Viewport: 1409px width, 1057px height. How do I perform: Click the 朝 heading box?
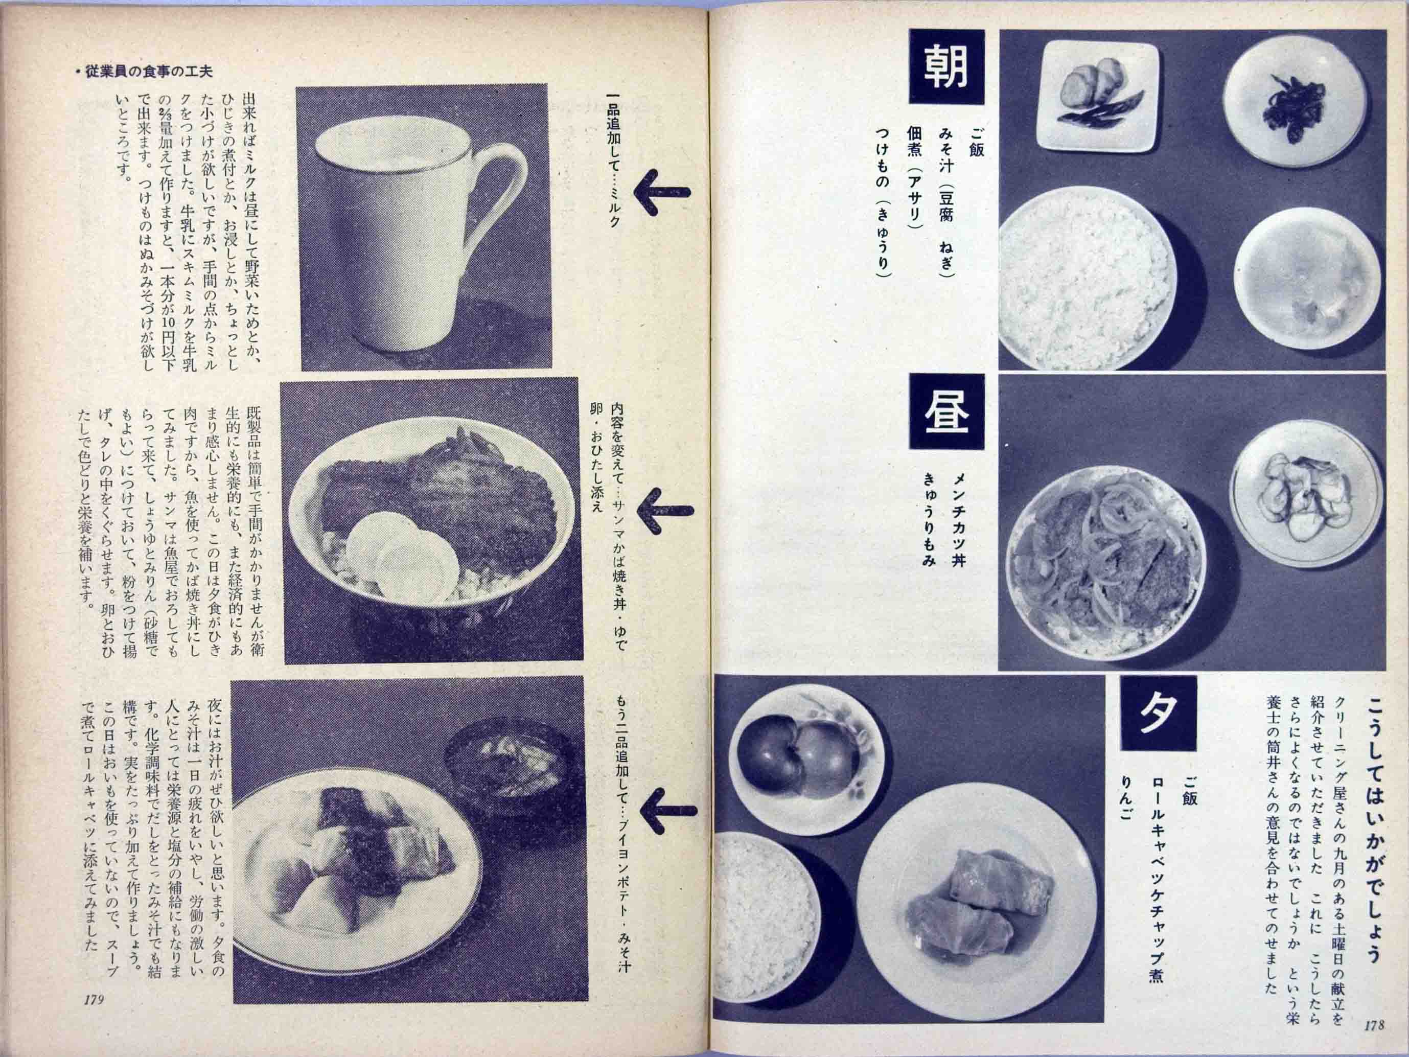(x=946, y=67)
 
